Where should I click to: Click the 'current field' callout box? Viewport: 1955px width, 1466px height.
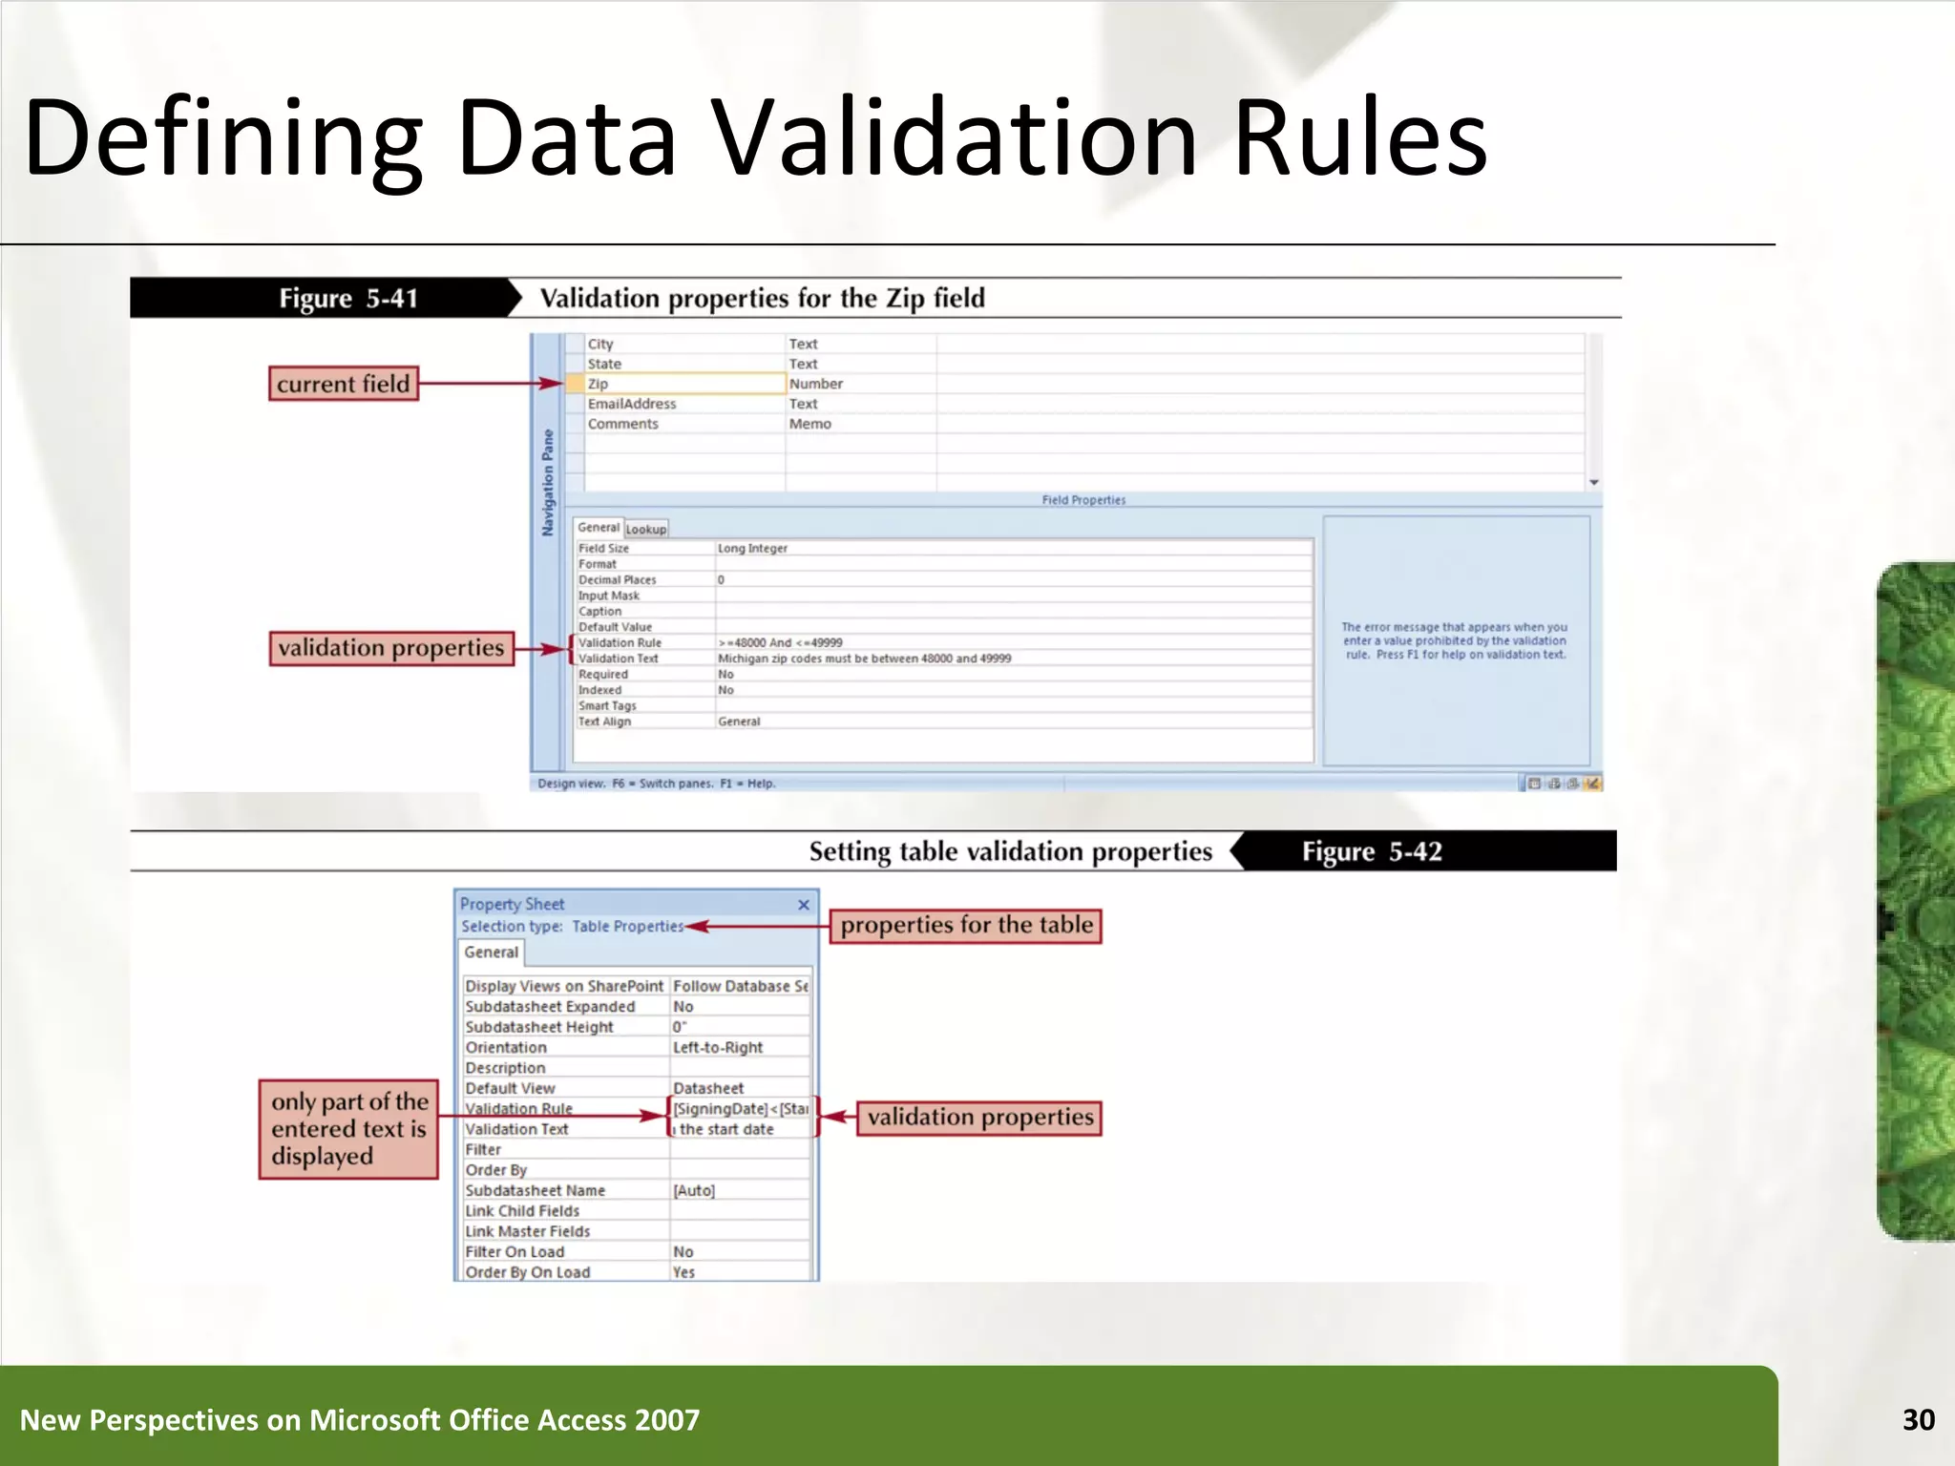pos(344,384)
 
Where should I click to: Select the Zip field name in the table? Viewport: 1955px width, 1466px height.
pos(599,384)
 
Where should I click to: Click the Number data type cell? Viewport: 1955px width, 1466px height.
pos(816,384)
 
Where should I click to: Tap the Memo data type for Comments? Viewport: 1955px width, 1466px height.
pos(810,424)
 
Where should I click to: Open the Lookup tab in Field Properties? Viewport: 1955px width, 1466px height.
pos(646,529)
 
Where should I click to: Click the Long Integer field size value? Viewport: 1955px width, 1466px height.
pos(752,549)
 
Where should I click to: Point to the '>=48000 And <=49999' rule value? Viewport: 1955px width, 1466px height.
pos(780,642)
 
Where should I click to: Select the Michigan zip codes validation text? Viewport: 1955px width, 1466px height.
pos(864,659)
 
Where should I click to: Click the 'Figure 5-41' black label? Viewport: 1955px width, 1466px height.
pos(348,299)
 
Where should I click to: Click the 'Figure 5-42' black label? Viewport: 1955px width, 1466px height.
pos(1372,851)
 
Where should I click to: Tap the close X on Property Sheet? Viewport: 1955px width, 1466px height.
pos(804,905)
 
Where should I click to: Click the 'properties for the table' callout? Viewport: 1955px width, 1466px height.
pos(966,926)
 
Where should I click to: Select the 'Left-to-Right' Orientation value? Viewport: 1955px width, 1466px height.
pos(718,1048)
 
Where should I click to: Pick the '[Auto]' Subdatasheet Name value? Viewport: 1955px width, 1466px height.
pos(694,1191)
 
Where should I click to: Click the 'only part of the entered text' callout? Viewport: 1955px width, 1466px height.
pos(348,1129)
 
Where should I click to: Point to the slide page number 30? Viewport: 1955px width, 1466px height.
pos(1918,1420)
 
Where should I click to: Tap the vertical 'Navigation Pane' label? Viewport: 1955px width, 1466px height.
pos(548,482)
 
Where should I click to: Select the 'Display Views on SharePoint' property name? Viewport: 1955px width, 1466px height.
pos(564,987)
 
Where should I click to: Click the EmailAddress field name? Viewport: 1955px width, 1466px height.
pos(632,404)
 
